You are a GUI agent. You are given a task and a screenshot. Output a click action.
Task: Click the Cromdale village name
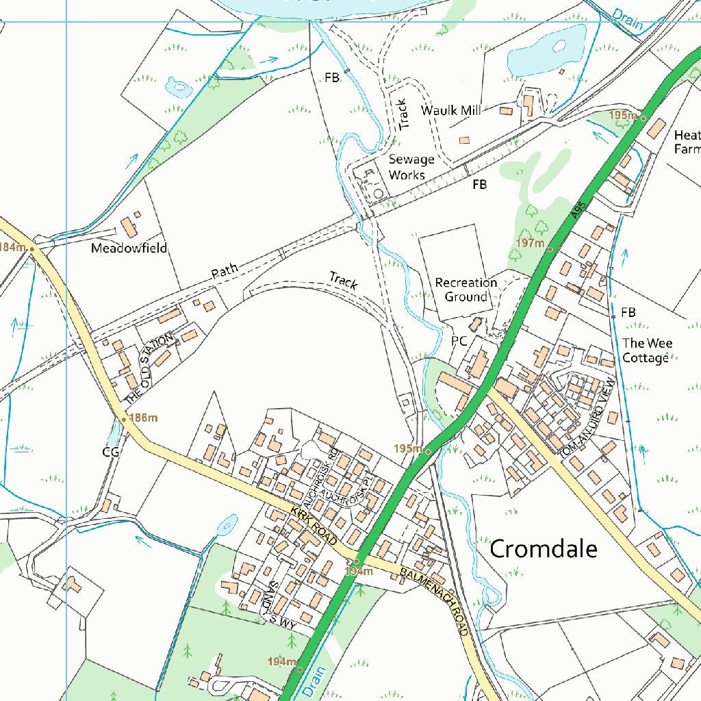pyautogui.click(x=544, y=548)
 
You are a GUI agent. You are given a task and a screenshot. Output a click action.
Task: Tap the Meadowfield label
pyautogui.click(x=129, y=248)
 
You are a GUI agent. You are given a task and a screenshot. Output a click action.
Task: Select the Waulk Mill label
pyautogui.click(x=450, y=110)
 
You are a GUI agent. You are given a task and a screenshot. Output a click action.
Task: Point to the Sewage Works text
pyautogui.click(x=411, y=167)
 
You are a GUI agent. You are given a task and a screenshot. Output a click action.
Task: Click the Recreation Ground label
pyautogui.click(x=466, y=290)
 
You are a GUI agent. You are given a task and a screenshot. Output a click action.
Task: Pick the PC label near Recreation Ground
pyautogui.click(x=459, y=340)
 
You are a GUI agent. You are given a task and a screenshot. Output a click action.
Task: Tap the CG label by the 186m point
pyautogui.click(x=110, y=452)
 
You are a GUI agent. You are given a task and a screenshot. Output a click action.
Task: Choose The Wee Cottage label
pyautogui.click(x=646, y=350)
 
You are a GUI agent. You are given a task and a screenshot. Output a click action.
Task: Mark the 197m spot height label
pyautogui.click(x=530, y=243)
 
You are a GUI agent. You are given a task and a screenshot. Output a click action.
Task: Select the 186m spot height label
pyautogui.click(x=144, y=418)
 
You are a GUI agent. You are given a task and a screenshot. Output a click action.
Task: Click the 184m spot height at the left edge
pyautogui.click(x=12, y=246)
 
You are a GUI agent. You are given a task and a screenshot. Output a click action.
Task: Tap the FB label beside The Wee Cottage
pyautogui.click(x=628, y=313)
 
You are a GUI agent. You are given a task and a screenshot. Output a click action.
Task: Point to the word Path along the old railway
pyautogui.click(x=225, y=270)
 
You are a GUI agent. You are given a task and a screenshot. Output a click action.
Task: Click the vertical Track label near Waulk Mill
pyautogui.click(x=403, y=114)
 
